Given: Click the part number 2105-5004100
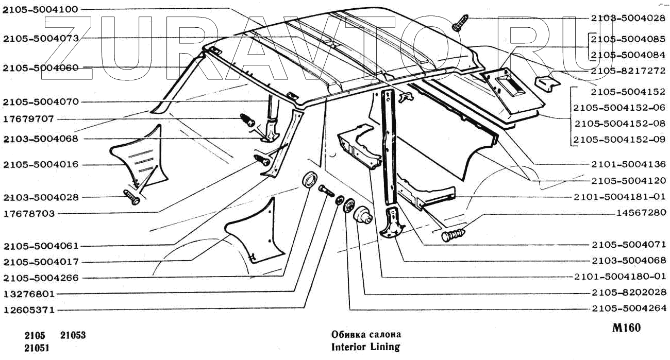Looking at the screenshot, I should click(x=40, y=9).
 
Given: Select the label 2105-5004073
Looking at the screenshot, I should click(x=40, y=38).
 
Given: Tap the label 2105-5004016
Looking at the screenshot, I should click(x=40, y=165).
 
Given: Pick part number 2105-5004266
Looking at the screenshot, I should click(x=40, y=278).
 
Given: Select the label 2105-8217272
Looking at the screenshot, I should click(x=628, y=71).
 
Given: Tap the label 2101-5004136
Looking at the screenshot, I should click(x=628, y=164).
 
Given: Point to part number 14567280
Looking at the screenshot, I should click(x=641, y=212).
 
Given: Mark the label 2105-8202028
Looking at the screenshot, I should click(x=628, y=293).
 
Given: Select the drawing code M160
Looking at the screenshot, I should click(x=626, y=328).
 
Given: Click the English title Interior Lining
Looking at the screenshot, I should click(x=365, y=347).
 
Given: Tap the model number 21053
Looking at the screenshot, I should click(x=73, y=336).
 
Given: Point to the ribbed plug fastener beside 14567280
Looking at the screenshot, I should click(x=454, y=234).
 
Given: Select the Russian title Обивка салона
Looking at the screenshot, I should click(x=365, y=334).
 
